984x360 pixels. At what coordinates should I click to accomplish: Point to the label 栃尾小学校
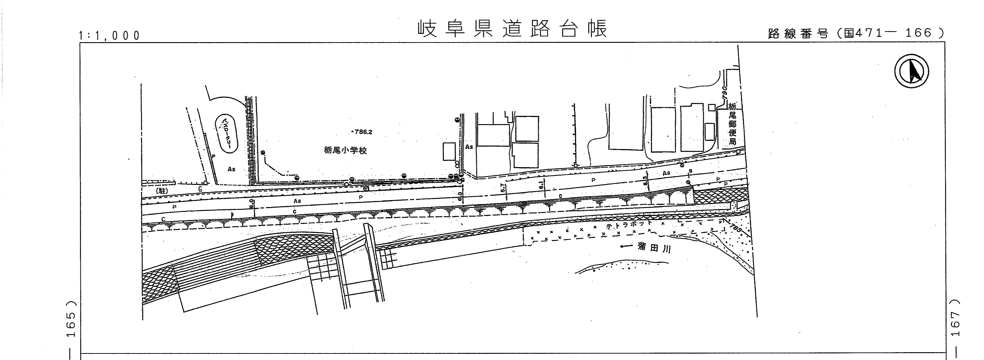click(x=345, y=151)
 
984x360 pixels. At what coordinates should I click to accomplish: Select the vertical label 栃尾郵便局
click(x=732, y=124)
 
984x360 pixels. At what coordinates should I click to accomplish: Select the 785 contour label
click(x=735, y=228)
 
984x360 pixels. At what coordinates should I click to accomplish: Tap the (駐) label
click(x=162, y=190)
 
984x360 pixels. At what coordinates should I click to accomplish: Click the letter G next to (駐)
click(x=200, y=189)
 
